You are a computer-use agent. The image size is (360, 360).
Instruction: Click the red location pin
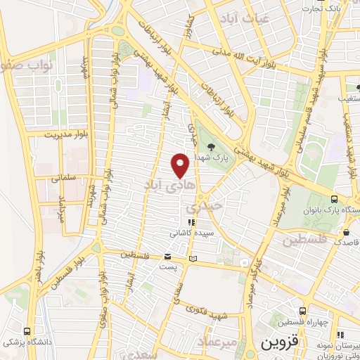(181, 164)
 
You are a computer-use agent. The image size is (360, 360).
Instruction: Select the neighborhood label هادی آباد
(161, 185)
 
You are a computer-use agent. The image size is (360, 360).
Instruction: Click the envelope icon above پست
(168, 257)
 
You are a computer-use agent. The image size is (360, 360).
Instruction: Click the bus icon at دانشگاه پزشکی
(27, 331)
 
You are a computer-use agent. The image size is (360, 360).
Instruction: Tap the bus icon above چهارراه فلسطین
(302, 310)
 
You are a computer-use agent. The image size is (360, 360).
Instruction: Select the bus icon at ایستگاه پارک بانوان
(335, 200)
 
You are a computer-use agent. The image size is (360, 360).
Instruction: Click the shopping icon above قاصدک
(346, 231)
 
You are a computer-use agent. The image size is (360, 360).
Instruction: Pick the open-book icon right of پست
(193, 259)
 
